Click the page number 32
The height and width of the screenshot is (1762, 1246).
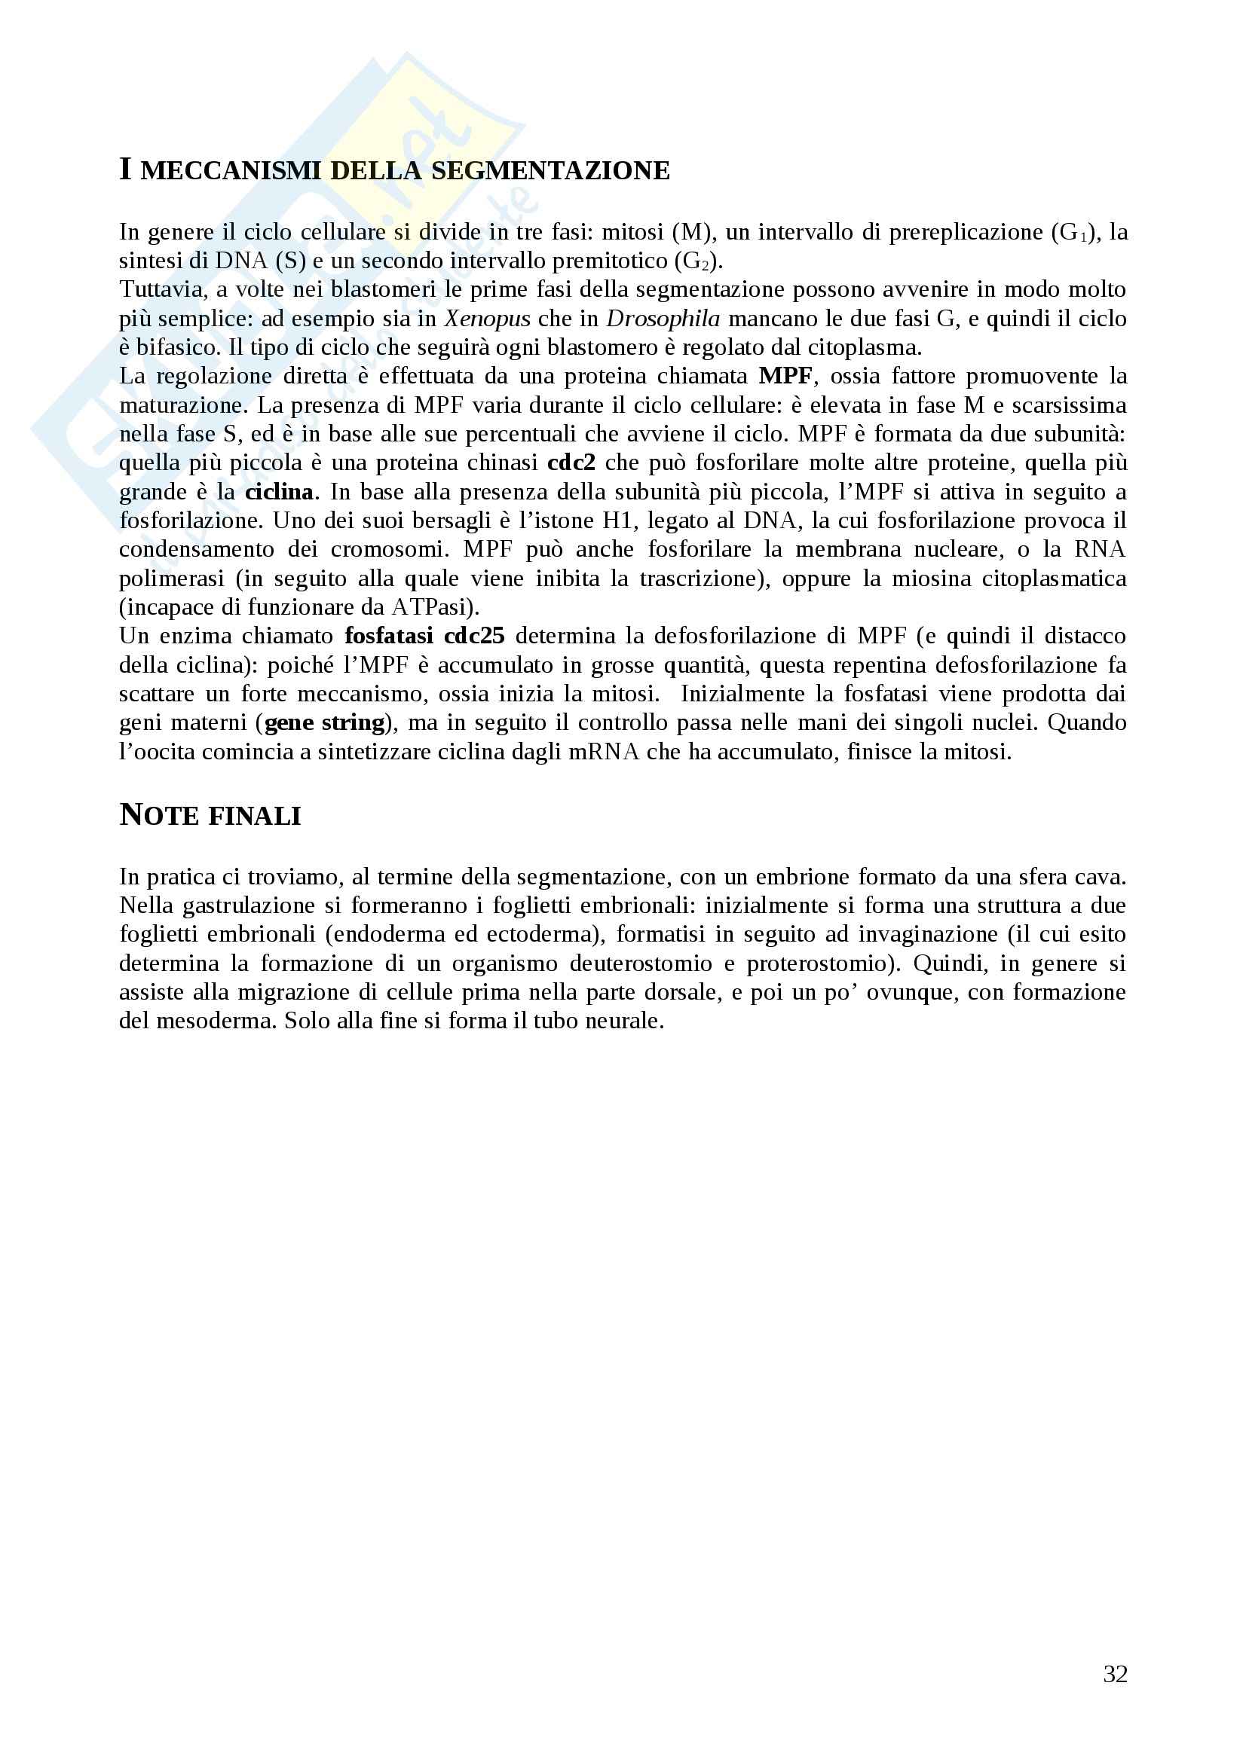pos(1115,1674)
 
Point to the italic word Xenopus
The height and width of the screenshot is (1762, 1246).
pos(487,319)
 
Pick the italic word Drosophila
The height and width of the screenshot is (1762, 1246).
pos(663,319)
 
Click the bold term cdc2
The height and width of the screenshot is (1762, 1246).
pos(571,463)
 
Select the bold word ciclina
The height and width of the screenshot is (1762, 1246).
pos(279,492)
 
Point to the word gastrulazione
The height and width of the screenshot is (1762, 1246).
pos(250,905)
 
